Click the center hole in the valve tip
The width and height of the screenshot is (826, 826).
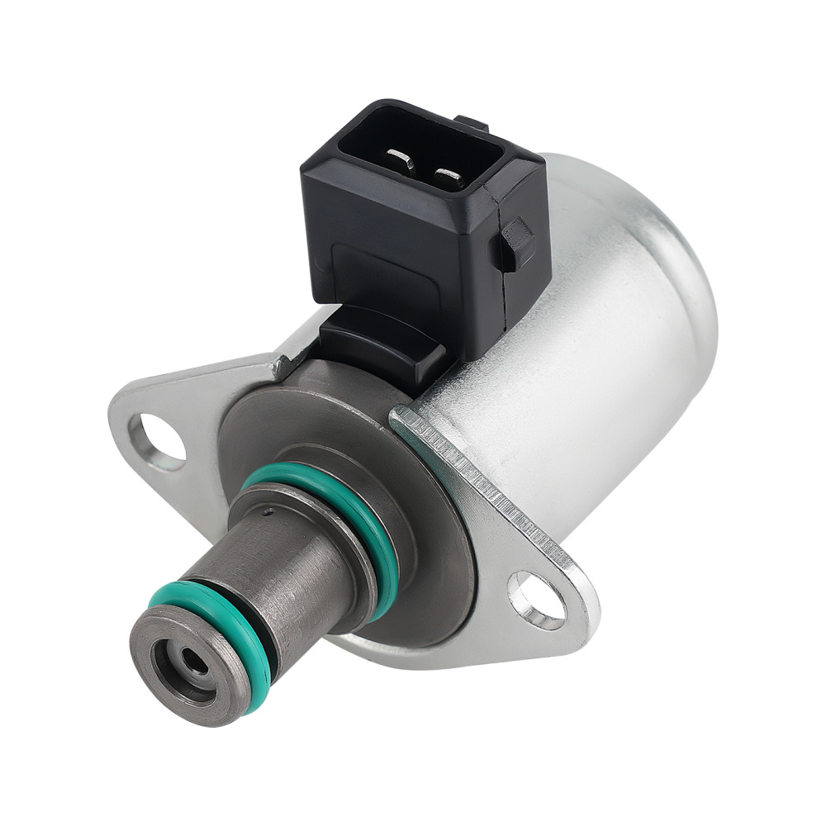192,661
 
